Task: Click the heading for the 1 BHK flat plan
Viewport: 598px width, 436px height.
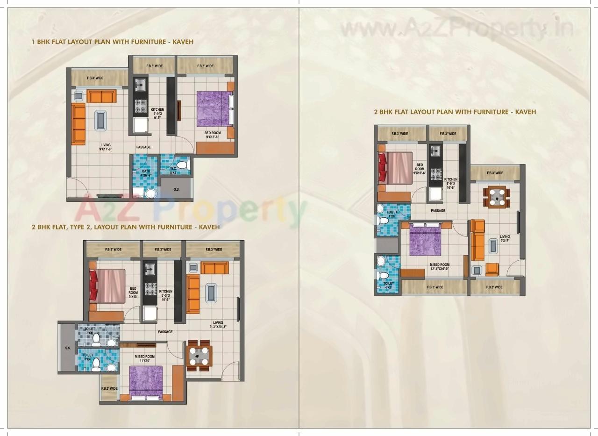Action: (112, 42)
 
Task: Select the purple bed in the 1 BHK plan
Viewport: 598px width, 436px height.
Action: (214, 108)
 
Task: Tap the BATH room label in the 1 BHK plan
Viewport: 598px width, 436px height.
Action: (146, 173)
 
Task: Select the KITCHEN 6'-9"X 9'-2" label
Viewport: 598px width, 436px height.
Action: (157, 114)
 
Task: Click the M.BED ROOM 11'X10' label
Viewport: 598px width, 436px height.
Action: (145, 358)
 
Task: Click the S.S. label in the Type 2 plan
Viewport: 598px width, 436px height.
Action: (68, 348)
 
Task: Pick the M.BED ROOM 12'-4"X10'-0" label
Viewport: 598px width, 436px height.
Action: (439, 267)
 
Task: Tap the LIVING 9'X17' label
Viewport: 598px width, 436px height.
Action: (505, 239)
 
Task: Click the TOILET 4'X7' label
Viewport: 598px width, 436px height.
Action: (388, 286)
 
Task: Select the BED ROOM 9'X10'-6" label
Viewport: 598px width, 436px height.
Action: (420, 169)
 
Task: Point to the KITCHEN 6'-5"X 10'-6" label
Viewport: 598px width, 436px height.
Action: (165, 295)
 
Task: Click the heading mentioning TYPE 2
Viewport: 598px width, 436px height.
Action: (126, 227)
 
